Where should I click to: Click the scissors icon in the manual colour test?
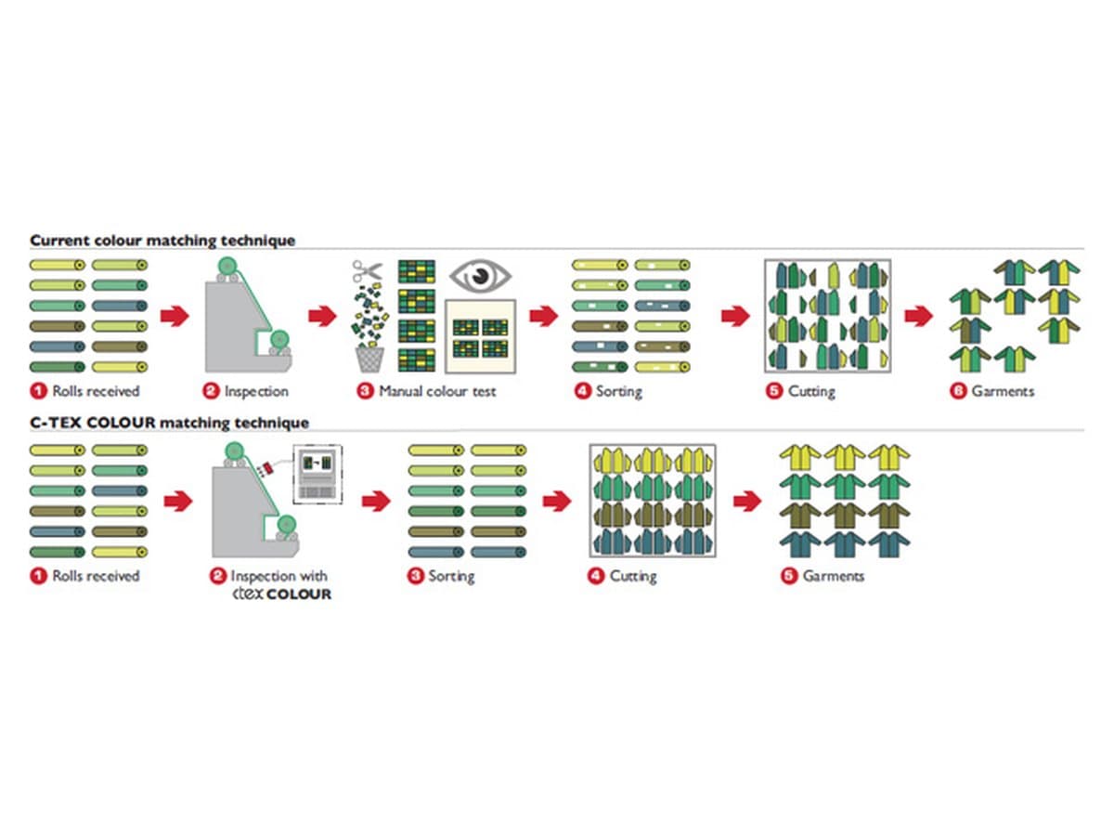point(367,271)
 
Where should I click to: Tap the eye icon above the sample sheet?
point(480,276)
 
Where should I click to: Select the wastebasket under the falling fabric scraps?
point(369,359)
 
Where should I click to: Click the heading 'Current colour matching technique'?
point(162,240)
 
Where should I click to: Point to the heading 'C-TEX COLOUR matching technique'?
point(170,423)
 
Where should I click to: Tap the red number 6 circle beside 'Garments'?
point(958,391)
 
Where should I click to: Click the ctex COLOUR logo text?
point(281,594)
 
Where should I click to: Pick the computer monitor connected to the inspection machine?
point(317,475)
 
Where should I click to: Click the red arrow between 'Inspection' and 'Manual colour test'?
point(322,316)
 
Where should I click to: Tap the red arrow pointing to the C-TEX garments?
point(747,502)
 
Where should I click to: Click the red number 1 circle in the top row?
point(39,391)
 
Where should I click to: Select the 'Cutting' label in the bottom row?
point(633,576)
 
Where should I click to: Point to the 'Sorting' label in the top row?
point(618,391)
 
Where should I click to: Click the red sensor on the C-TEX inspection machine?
point(267,468)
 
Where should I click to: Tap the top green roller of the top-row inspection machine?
point(227,266)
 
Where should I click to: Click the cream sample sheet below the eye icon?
point(480,336)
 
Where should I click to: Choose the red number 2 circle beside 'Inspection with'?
point(218,576)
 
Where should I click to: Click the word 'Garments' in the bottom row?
point(833,576)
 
